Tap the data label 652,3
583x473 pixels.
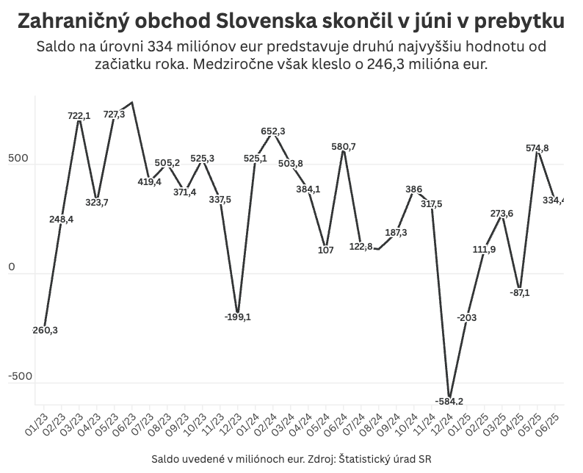(273, 131)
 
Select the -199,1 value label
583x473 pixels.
(237, 317)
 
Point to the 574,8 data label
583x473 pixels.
(537, 148)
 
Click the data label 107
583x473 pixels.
(326, 250)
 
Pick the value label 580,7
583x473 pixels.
(344, 147)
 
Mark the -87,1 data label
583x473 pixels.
(520, 292)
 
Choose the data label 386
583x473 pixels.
(413, 189)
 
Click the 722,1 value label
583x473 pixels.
(79, 116)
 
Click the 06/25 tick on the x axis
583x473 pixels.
(548, 425)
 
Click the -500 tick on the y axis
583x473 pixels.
(21, 376)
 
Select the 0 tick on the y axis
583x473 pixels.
(12, 267)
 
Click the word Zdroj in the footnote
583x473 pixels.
(322, 459)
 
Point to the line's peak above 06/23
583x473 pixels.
(131, 103)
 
